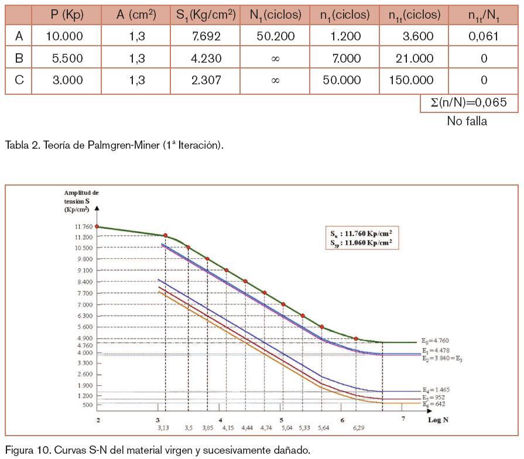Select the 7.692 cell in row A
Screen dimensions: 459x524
tap(197, 36)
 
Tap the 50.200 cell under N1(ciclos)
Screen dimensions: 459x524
tap(275, 36)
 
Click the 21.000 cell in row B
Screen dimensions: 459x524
tap(414, 59)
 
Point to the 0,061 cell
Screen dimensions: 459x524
tap(484, 36)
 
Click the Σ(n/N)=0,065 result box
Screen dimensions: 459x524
tap(470, 102)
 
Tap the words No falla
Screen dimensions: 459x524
tap(467, 122)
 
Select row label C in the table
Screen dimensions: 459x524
tap(19, 80)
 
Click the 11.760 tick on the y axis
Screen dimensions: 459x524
tap(83, 227)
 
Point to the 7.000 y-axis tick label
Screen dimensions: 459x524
tap(84, 304)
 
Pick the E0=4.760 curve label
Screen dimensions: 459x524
tap(436, 340)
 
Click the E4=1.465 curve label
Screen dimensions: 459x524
tap(436, 389)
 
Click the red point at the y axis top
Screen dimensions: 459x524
tap(97, 226)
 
